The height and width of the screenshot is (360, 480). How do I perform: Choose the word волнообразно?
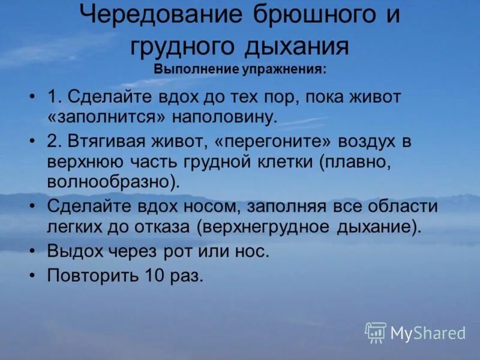(x=112, y=181)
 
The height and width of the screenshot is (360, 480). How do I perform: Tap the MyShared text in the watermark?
(x=428, y=333)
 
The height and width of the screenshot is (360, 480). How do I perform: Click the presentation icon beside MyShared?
(x=376, y=332)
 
